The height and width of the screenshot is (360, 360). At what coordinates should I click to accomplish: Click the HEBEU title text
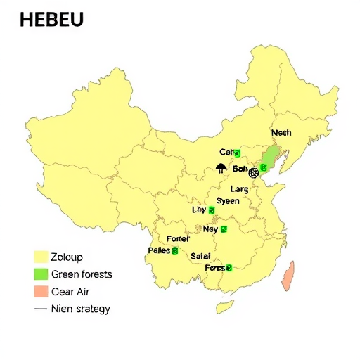point(51,20)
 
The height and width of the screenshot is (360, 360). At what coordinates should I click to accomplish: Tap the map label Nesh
point(281,132)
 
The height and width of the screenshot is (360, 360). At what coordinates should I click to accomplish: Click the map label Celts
point(227,152)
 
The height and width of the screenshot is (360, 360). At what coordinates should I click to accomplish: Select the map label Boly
point(240,169)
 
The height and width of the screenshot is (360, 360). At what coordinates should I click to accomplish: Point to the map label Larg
point(240,188)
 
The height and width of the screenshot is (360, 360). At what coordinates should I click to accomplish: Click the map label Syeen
point(227,200)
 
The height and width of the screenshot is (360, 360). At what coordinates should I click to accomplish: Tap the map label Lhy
point(200,210)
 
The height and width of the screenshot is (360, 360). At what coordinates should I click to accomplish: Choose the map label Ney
point(210,229)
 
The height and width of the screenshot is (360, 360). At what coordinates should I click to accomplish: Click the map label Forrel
point(179,239)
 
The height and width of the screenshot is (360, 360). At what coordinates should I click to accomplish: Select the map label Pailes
point(160,250)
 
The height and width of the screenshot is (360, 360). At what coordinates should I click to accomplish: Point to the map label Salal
point(200,257)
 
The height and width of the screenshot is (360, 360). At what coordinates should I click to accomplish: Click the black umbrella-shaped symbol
point(221,167)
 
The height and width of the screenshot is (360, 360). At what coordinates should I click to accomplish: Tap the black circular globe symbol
point(254,172)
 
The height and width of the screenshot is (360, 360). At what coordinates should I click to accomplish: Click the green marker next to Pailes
point(174,251)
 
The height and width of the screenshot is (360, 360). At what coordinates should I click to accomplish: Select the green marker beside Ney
point(224,229)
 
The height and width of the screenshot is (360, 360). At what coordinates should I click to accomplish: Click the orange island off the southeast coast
point(287,276)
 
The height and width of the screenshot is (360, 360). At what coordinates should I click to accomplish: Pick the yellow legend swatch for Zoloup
point(40,257)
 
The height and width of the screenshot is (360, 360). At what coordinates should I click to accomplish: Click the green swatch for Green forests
point(40,274)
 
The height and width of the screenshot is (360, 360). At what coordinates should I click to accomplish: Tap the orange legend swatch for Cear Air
point(40,291)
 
